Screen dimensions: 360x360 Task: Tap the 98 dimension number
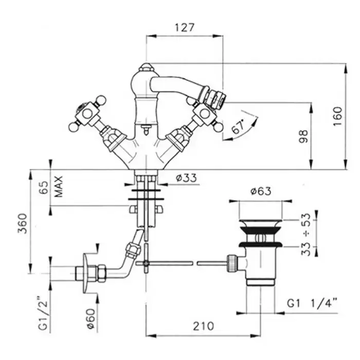pyautogui.click(x=303, y=136)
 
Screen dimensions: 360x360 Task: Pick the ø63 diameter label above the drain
pyautogui.click(x=261, y=191)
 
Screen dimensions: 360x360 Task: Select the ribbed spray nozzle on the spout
pyautogui.click(x=212, y=94)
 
